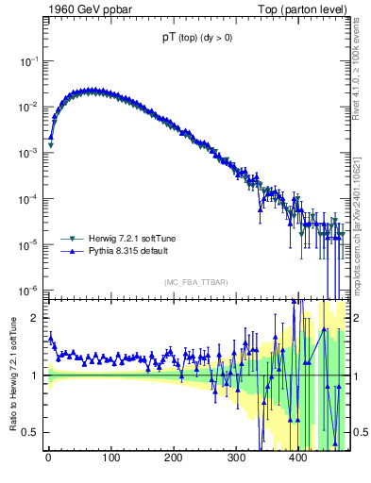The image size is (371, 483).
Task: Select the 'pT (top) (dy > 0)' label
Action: pos(195,40)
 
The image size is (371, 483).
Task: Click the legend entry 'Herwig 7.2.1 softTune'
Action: pos(127,240)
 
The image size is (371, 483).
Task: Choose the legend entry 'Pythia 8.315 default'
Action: pos(125,252)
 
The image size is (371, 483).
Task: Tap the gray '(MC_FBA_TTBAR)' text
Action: pos(194,282)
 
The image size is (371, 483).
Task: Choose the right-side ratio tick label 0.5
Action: pos(360,432)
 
